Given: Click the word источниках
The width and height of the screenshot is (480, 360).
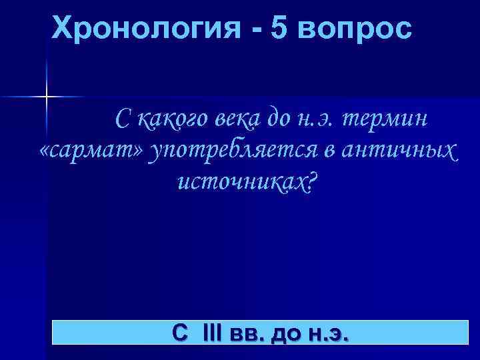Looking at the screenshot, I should (x=238, y=182).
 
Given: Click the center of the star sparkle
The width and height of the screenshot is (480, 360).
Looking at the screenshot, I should (x=47, y=97).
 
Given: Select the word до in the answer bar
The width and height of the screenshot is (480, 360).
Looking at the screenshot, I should (x=283, y=333).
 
